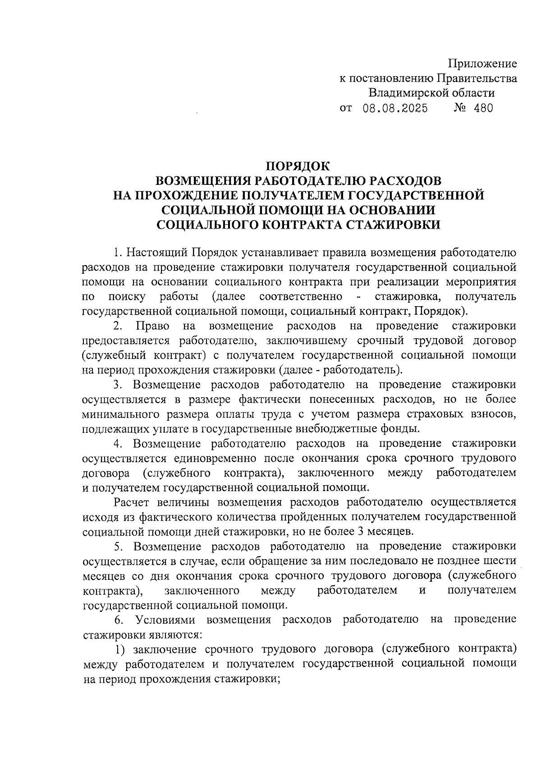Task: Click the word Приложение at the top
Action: coord(483,64)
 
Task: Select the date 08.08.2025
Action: coord(395,109)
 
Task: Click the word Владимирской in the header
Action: coord(408,93)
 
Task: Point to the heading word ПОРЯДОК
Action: coord(298,165)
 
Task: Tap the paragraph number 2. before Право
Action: coord(118,326)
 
